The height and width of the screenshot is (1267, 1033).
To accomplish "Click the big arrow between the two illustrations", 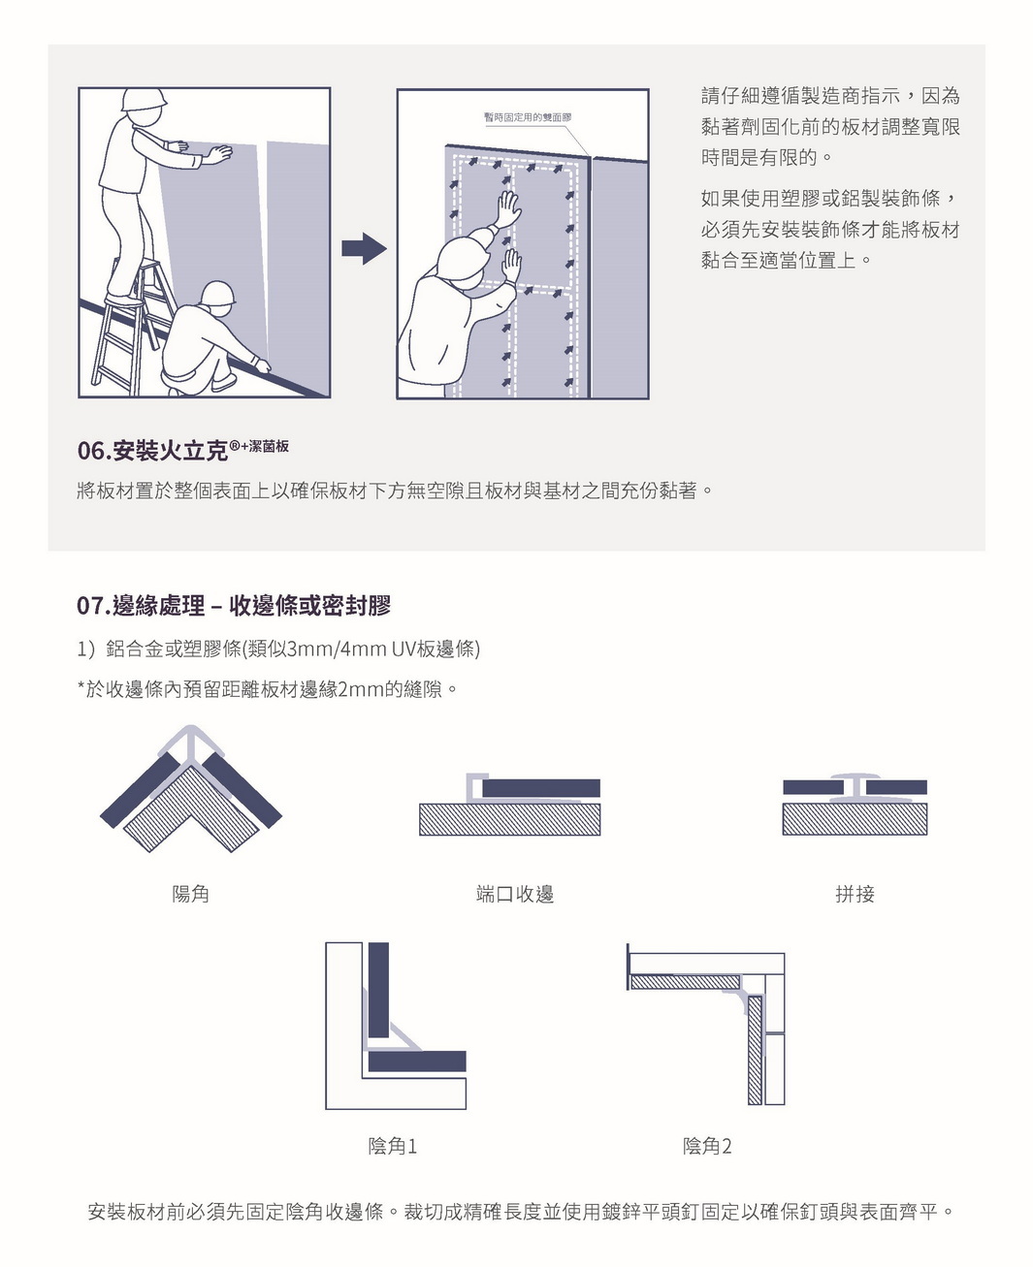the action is click(x=364, y=249).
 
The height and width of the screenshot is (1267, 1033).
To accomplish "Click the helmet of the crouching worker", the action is click(x=217, y=294).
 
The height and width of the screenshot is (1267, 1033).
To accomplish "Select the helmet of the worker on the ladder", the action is click(x=144, y=100).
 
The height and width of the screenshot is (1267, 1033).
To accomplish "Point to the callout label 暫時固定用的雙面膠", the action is click(x=527, y=117).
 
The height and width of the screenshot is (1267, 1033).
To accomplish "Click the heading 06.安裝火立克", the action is click(x=182, y=450).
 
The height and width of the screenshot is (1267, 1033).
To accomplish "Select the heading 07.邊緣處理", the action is click(x=234, y=606).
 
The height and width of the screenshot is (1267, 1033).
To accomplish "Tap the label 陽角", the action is click(x=190, y=894).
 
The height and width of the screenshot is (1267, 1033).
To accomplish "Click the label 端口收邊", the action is click(x=515, y=894).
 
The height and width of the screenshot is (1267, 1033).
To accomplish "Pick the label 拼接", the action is click(x=855, y=894).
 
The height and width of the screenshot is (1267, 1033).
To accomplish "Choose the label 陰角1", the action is click(x=393, y=1146).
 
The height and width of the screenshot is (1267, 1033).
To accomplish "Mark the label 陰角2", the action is click(x=707, y=1146).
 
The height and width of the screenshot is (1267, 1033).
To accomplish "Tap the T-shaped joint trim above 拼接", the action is click(x=855, y=786).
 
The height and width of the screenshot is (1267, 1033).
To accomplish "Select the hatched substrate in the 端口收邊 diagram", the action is click(x=510, y=819).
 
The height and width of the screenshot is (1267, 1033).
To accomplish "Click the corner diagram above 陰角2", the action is click(x=707, y=1026).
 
